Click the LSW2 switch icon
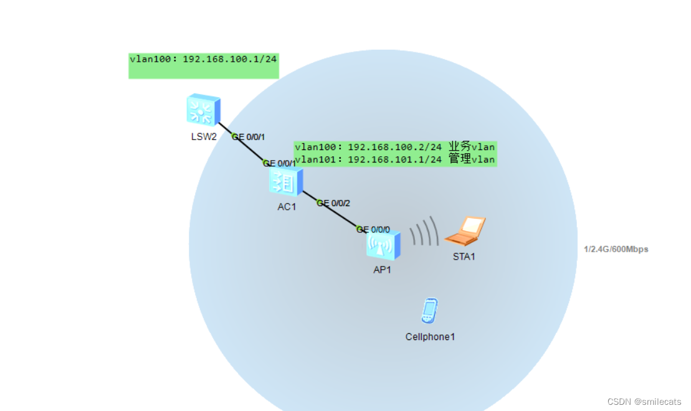(x=203, y=110)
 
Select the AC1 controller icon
(x=285, y=182)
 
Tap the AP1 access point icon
(x=383, y=245)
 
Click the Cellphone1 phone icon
(x=429, y=311)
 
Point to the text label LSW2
(x=204, y=136)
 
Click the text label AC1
(x=287, y=207)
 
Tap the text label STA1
(x=464, y=257)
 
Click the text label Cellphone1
(x=431, y=337)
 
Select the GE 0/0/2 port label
(x=334, y=203)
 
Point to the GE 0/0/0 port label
(x=373, y=229)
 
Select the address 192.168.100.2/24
(x=395, y=148)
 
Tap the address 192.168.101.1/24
(x=395, y=159)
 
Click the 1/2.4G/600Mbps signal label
(x=616, y=249)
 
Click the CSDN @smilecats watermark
(x=644, y=402)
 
